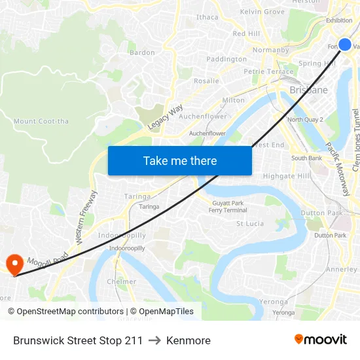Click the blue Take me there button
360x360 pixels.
tap(180, 160)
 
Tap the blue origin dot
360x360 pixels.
tap(345, 45)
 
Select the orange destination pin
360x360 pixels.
tap(14, 264)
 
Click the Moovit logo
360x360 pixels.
tap(320, 339)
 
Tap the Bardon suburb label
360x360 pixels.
tap(142, 52)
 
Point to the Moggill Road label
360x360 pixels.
tap(48, 258)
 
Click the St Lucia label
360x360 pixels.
tap(249, 223)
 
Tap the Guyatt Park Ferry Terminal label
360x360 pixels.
tap(227, 207)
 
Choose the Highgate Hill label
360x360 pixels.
tap(286, 176)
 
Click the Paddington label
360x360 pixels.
tap(226, 59)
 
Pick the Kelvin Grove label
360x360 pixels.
tap(262, 12)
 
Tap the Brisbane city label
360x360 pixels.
tap(308, 90)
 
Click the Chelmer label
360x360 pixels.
tap(122, 281)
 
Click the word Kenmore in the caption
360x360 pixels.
tap(189, 340)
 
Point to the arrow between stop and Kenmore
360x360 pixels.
tap(154, 340)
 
